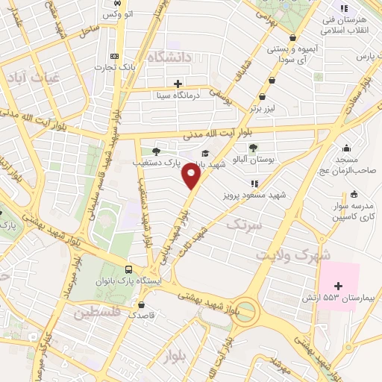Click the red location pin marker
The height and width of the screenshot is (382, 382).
192,177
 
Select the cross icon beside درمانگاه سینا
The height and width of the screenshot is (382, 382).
177,84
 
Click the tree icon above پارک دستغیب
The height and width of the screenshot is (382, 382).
156,150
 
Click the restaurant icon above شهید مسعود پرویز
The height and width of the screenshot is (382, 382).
254,183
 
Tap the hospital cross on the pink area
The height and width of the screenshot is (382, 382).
339,286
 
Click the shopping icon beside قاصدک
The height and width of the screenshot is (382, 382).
141,304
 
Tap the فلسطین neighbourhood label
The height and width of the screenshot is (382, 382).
98,314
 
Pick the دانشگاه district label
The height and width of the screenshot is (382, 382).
171,57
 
